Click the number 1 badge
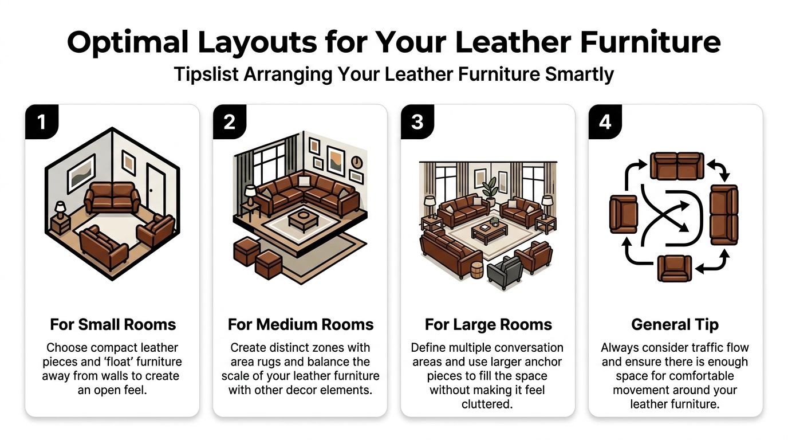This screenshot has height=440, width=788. pyautogui.click(x=41, y=122)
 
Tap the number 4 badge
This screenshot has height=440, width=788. pyautogui.click(x=605, y=122)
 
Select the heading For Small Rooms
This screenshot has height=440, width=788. pyautogui.click(x=112, y=325)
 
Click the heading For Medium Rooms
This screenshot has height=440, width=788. pyautogui.click(x=300, y=325)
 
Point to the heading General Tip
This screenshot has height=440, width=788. pyautogui.click(x=675, y=325)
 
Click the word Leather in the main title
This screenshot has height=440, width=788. pyautogui.click(x=486, y=43)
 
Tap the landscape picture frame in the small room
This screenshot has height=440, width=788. pyautogui.click(x=81, y=173)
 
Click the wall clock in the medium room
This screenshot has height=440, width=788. pyautogui.click(x=356, y=162)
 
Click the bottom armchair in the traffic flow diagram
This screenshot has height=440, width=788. pyautogui.click(x=675, y=268)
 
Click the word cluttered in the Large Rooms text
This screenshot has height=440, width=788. pyautogui.click(x=488, y=404)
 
